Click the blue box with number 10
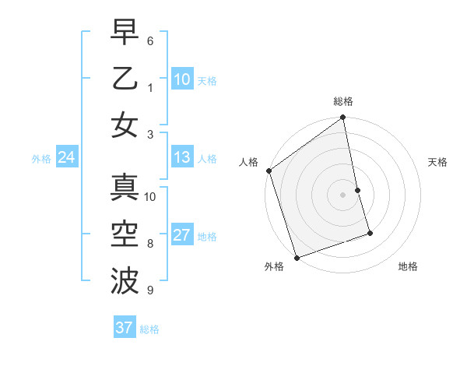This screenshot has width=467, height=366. point(182,79)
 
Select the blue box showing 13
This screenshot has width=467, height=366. point(182,158)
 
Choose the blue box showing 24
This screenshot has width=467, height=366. point(66,158)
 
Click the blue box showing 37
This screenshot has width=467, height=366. point(124,328)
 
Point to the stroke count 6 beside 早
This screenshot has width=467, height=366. point(150,40)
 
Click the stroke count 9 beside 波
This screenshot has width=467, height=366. point(150,290)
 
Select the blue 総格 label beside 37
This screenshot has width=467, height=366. point(149,329)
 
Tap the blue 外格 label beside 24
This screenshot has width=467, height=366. point(41,159)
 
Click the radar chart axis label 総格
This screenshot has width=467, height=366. point(343,101)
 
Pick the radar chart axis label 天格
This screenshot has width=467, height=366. point(437,162)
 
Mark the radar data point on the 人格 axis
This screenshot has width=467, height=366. point(269,171)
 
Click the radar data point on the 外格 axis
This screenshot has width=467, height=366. point(297,257)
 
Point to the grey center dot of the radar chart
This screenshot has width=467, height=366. point(343,194)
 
